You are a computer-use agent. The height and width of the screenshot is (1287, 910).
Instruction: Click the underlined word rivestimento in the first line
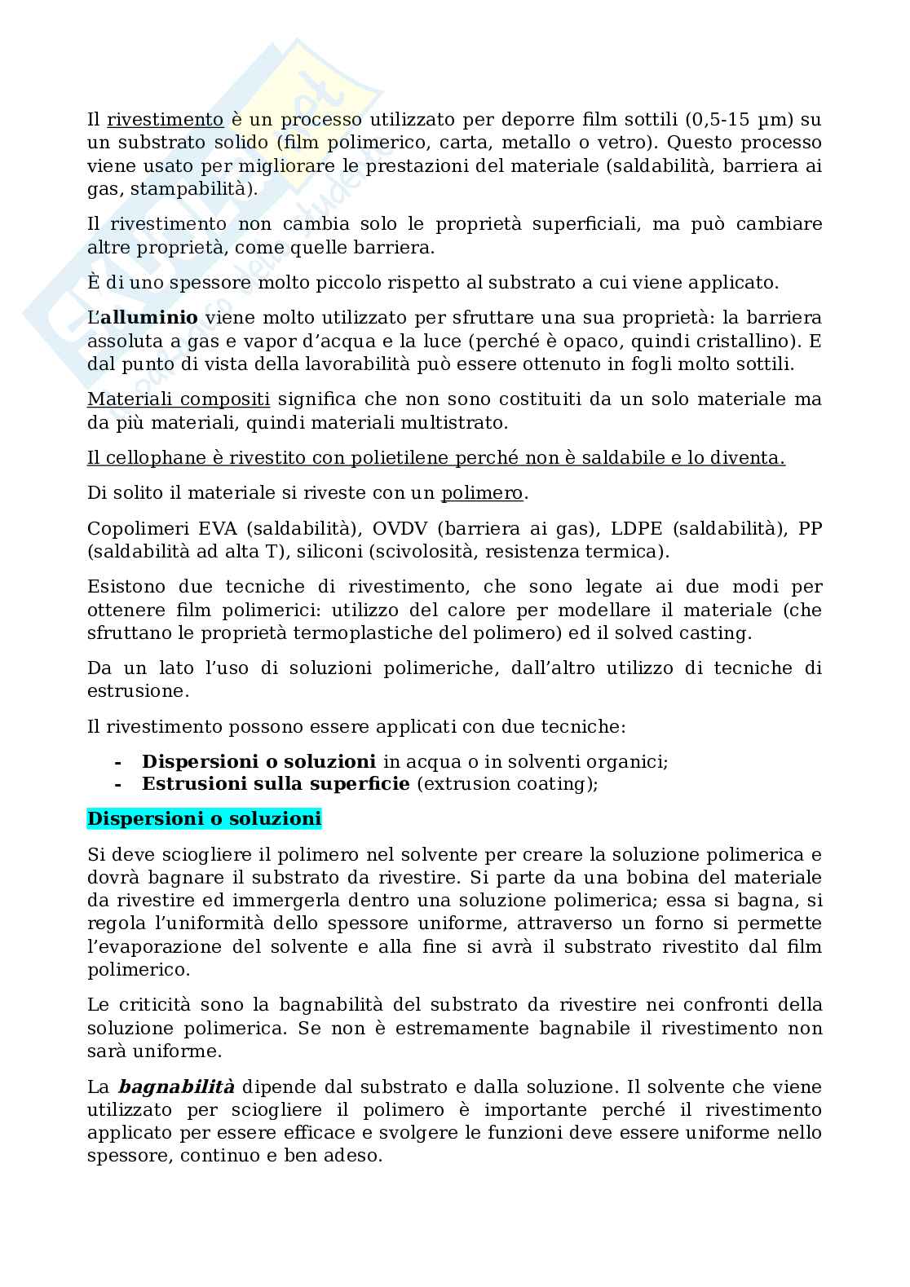[165, 120]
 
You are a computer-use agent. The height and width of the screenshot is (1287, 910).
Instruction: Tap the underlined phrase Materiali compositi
[179, 400]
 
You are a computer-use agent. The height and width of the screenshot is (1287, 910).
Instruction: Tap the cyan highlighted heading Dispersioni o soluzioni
[204, 819]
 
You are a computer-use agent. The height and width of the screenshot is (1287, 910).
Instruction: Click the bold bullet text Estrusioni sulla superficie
[276, 784]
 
